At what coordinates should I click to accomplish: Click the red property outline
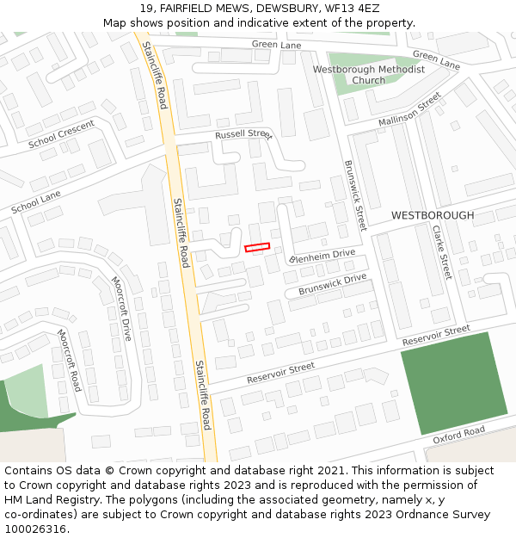point(257,247)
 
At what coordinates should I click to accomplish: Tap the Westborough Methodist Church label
point(368,75)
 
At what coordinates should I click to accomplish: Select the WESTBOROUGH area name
point(433,215)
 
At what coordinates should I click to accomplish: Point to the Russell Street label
point(243,135)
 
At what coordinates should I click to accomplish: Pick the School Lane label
point(36,203)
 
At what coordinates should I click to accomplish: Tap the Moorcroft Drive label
point(122,308)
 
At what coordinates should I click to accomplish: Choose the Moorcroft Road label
point(69,359)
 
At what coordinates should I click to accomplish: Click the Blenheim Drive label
point(322,256)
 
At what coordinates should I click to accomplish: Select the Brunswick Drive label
point(332,285)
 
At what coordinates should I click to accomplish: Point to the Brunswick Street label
point(355,195)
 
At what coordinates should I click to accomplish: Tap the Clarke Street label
point(441,252)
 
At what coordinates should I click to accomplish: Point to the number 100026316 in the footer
point(35,529)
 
